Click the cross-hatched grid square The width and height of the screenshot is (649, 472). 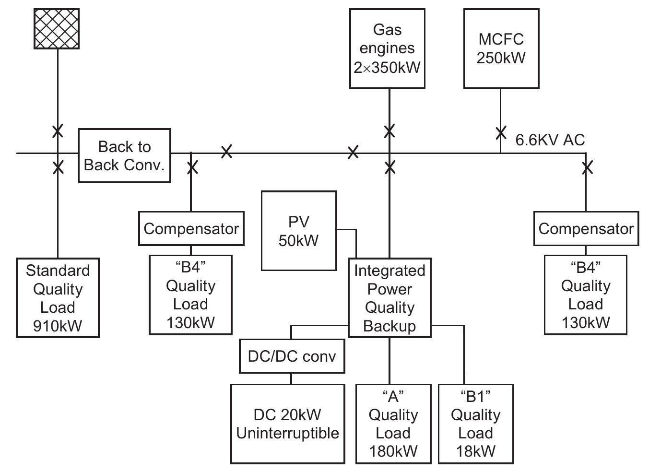pos(57,29)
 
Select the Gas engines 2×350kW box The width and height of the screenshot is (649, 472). pos(387,48)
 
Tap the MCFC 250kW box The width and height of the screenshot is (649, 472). pos(501,48)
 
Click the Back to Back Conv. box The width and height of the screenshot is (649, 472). pos(124,155)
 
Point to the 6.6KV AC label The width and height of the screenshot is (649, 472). pos(550,140)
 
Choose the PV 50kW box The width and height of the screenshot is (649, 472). pos(298,231)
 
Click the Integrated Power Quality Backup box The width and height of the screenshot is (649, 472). pos(389,298)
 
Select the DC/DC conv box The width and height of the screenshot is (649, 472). pos(292,356)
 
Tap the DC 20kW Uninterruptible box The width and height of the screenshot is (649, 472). pos(287,424)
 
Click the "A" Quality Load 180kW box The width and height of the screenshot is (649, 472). pos(393,424)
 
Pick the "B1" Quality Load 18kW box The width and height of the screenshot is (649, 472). pos(475,424)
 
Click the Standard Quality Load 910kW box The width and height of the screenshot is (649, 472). pos(58,298)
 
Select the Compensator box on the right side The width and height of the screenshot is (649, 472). pos(586,229)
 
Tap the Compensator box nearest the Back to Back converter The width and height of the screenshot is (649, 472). pos(191,229)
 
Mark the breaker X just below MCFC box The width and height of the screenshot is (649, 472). pos(501,132)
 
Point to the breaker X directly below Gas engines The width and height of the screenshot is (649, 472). pos(389,130)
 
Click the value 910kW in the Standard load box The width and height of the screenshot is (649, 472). pos(58,326)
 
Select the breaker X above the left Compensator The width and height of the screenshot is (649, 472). pos(192,167)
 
